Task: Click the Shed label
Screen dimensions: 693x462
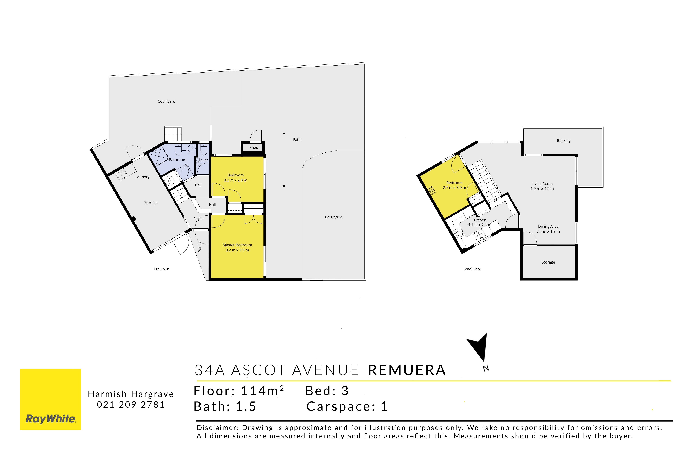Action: click(254, 147)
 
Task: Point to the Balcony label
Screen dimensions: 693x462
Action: click(564, 140)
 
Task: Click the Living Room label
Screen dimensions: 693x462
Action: click(542, 184)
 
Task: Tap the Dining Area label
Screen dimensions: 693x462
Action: click(548, 226)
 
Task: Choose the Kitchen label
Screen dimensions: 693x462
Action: click(480, 220)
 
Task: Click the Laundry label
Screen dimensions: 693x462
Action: click(142, 177)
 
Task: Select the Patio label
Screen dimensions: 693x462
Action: click(297, 139)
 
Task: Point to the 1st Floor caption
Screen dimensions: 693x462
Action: click(161, 269)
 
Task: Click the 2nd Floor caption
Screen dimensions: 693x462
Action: click(473, 269)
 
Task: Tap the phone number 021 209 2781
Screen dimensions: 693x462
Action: click(131, 405)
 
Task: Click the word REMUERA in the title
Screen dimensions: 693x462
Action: click(407, 370)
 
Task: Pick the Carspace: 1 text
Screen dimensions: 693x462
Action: click(347, 406)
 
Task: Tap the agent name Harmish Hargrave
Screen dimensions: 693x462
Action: click(131, 394)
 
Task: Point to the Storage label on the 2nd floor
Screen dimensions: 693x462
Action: click(548, 262)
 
